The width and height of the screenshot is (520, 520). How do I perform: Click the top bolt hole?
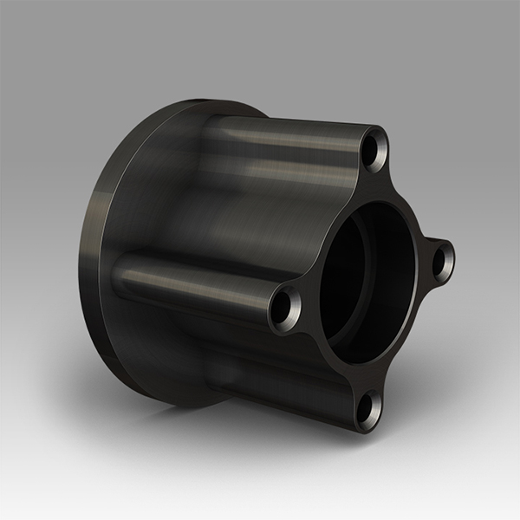374,150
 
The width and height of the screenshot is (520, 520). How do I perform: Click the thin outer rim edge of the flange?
94,260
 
